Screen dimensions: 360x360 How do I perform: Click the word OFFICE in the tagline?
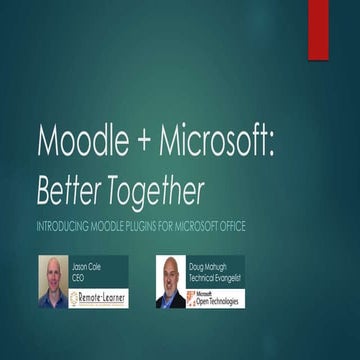228,226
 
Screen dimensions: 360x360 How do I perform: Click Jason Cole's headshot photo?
52,281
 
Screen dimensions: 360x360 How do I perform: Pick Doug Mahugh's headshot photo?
170,281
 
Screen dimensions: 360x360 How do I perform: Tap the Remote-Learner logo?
98,297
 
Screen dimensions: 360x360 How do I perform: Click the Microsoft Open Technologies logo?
215,297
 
